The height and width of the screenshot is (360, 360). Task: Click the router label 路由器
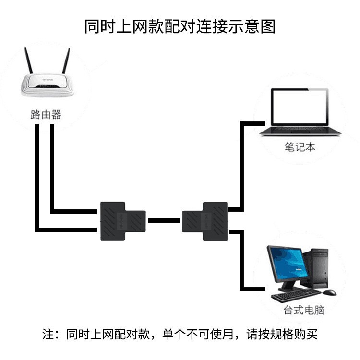tap(46, 115)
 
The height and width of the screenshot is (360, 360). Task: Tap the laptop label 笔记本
tap(300, 147)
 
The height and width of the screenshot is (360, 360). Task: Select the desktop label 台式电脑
tap(304, 310)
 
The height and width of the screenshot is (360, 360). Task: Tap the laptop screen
tap(299, 106)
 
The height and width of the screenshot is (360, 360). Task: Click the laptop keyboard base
tap(299, 132)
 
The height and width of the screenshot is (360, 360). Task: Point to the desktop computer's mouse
tap(329, 292)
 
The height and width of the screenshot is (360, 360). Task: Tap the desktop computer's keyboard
tap(293, 296)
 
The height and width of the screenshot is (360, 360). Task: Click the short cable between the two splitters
tap(164, 221)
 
